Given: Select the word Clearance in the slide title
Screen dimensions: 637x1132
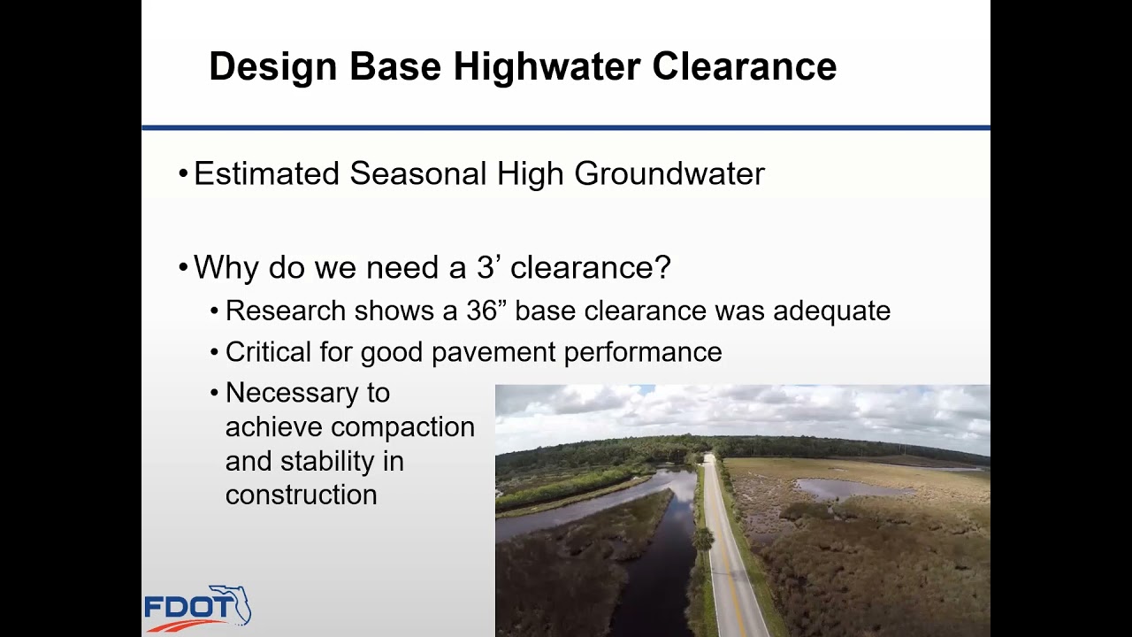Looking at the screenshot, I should click(x=745, y=67).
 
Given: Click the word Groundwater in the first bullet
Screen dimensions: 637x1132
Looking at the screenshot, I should click(x=669, y=173).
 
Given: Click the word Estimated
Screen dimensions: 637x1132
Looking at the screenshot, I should click(x=266, y=173).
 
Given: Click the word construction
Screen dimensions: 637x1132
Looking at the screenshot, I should click(x=301, y=495).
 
